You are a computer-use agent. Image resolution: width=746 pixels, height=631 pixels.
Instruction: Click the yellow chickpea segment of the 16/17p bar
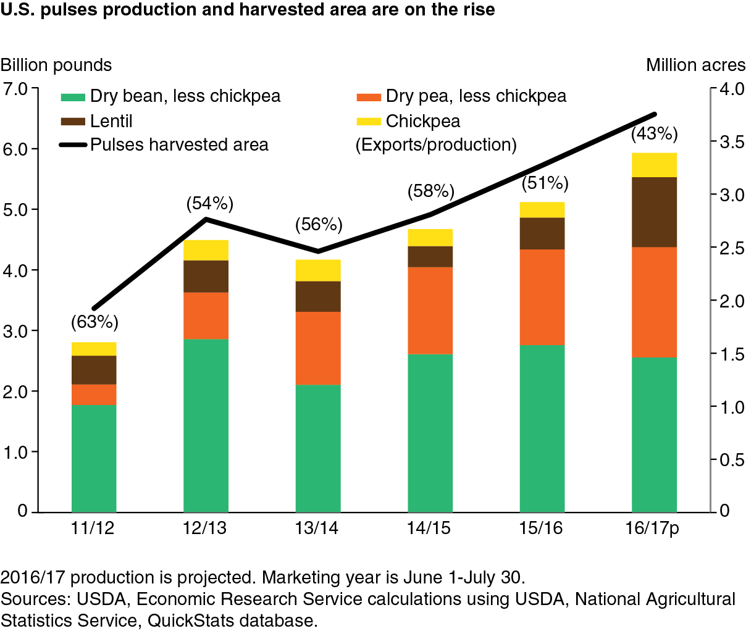(654, 165)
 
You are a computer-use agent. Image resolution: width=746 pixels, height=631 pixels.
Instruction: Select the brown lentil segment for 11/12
(94, 370)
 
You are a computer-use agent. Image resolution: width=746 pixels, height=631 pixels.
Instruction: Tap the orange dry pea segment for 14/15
(430, 311)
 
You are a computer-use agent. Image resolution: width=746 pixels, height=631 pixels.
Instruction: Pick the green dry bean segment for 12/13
(206, 425)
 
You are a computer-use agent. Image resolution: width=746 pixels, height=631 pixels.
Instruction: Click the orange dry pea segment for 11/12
(94, 395)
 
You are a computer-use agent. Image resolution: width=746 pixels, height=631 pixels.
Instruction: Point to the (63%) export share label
(94, 322)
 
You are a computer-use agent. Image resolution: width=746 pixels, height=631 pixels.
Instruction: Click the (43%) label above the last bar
(655, 134)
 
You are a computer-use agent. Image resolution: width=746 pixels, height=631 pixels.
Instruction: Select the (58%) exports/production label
(431, 191)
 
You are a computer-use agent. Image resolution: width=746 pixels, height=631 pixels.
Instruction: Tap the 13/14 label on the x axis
(317, 528)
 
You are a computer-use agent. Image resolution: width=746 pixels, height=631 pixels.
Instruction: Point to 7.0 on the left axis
(15, 89)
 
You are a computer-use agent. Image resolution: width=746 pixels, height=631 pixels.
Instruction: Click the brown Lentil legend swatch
(73, 122)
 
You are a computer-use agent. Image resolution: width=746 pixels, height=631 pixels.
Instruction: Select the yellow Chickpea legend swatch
(369, 122)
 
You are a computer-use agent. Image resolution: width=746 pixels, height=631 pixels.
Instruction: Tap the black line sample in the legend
(73, 145)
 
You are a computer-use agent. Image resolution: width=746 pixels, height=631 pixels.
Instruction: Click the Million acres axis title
(695, 65)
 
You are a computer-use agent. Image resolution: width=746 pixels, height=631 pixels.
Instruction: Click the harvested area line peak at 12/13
(206, 219)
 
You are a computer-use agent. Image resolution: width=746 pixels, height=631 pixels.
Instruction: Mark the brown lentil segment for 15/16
(542, 233)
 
